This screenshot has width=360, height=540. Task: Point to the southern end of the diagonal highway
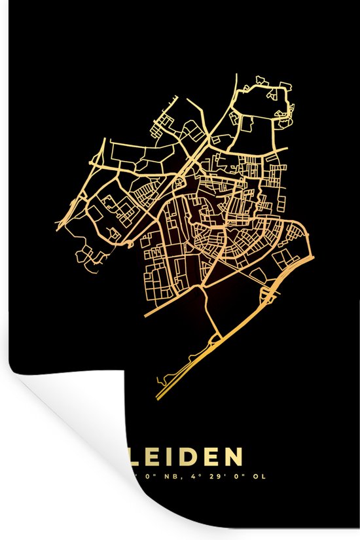point(158,397)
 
